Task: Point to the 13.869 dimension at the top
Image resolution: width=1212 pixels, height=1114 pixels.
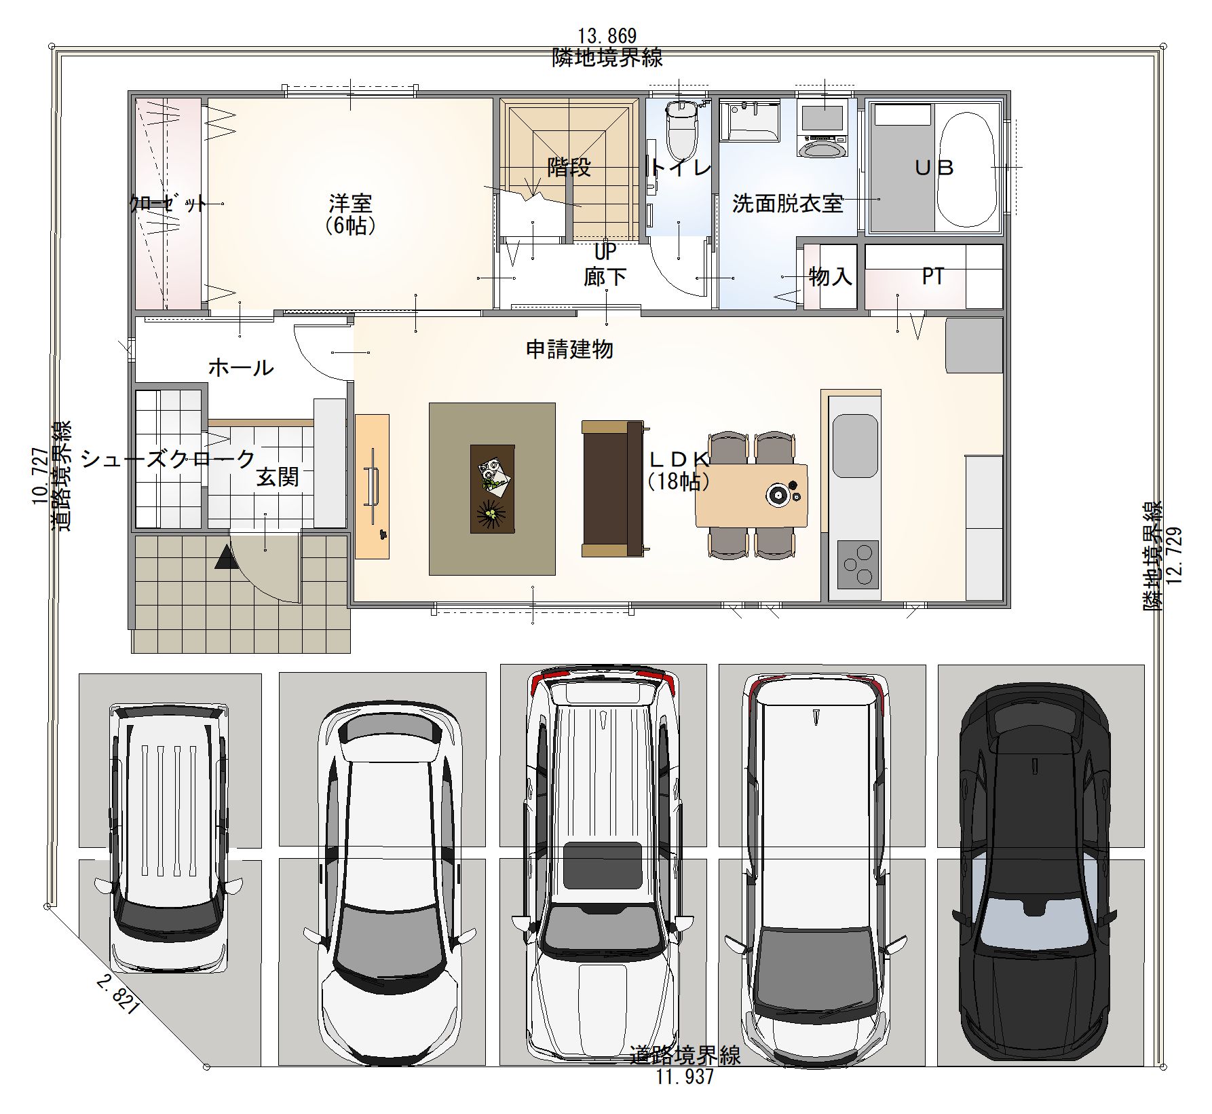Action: coord(607,35)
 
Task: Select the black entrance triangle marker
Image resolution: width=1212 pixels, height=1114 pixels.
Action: coord(224,559)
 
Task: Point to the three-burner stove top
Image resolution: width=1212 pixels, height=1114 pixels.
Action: coord(858,564)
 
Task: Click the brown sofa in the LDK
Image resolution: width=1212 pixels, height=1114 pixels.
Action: coord(612,489)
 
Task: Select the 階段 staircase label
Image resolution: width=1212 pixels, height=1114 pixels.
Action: coord(569,168)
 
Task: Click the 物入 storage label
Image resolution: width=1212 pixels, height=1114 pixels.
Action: coord(830,276)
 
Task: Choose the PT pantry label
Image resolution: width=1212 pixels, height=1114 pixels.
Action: coord(933,276)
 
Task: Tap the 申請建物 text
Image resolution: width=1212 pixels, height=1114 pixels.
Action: coord(570,350)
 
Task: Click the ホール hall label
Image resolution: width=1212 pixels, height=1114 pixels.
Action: coord(241,368)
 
